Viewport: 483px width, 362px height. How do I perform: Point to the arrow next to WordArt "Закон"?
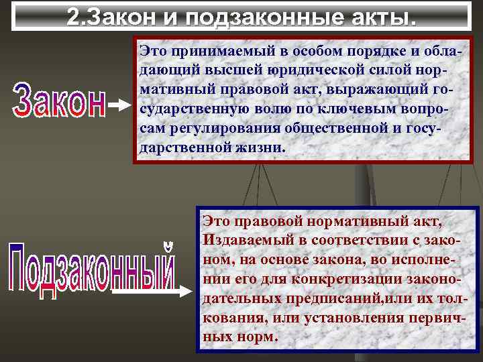(121, 106)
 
